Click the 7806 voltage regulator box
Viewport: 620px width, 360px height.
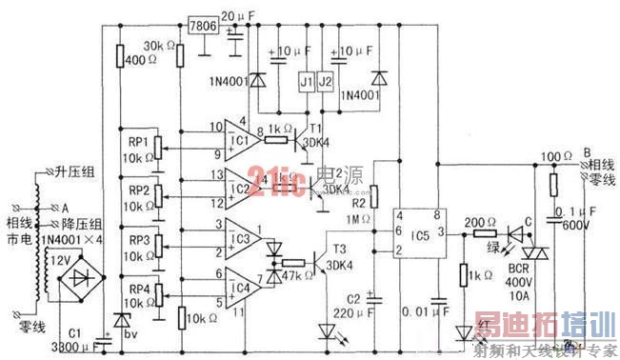(x=203, y=26)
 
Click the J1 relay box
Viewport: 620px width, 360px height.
(x=307, y=83)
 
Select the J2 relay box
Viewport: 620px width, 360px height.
(x=326, y=83)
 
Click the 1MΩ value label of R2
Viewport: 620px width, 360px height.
(x=357, y=221)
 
